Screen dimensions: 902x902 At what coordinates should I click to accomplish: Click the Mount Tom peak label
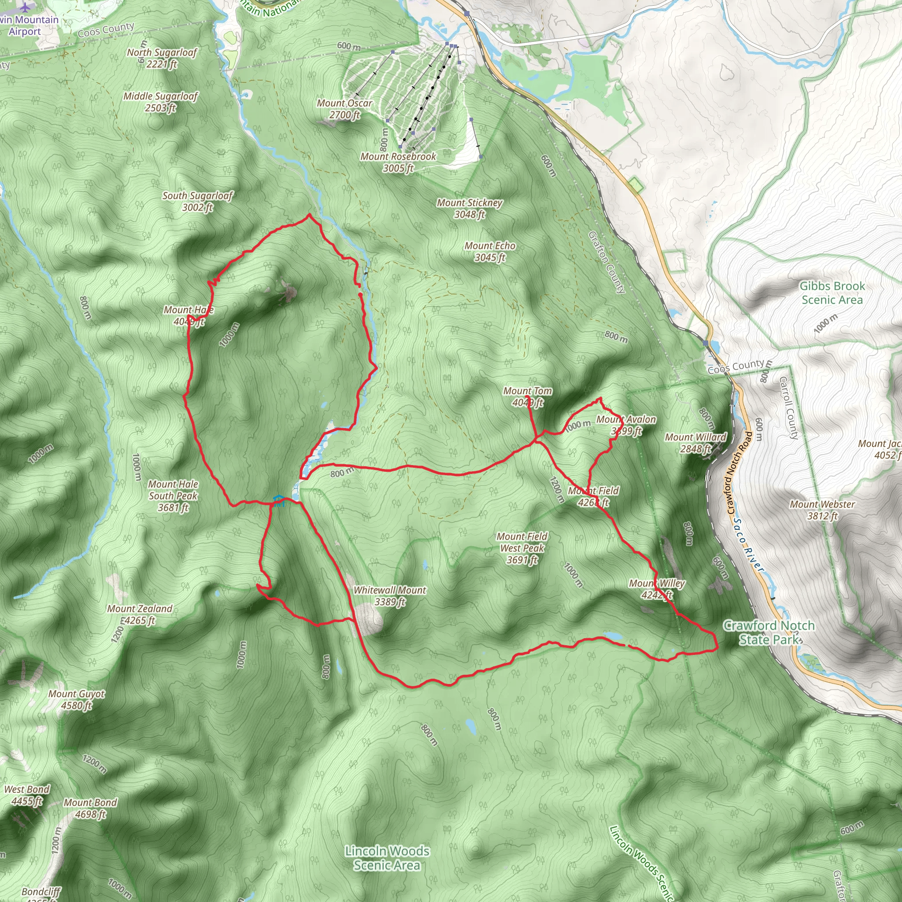[x=527, y=396]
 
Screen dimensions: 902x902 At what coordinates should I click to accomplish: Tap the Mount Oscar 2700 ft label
[x=344, y=109]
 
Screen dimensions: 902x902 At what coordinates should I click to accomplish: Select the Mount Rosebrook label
[x=398, y=162]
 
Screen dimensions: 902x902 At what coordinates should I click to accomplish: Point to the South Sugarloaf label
[x=197, y=201]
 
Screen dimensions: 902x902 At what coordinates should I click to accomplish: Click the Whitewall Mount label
[x=389, y=596]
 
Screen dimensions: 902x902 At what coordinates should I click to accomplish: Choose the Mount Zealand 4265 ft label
[x=140, y=614]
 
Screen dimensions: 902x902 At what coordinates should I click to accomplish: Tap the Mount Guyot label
[x=77, y=699]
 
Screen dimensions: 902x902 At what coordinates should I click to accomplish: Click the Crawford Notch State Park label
[x=769, y=632]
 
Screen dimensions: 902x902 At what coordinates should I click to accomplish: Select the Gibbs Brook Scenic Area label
[x=832, y=293]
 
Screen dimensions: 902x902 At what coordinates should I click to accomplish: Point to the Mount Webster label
[x=822, y=510]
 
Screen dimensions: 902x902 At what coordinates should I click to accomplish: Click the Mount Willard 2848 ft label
[x=695, y=443]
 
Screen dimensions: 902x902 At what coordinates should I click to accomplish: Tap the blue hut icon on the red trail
[x=278, y=501]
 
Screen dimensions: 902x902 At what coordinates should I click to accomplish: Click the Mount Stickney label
[x=469, y=208]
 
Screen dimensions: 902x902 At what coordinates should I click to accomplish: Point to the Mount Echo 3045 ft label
[x=490, y=251]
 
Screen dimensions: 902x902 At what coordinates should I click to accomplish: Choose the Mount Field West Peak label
[x=522, y=548]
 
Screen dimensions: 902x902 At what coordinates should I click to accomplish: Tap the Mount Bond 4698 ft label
[x=90, y=808]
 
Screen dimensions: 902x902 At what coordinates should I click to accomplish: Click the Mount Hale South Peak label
[x=173, y=495]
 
